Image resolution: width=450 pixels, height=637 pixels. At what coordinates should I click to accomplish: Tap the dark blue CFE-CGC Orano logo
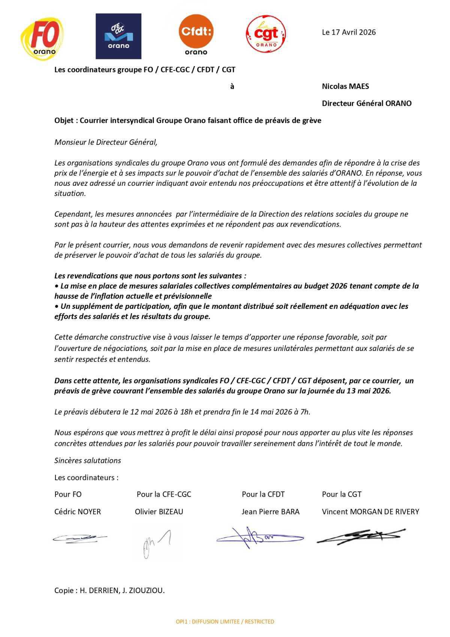tap(118, 36)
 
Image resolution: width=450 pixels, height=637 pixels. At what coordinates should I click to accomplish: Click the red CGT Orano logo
tap(266, 35)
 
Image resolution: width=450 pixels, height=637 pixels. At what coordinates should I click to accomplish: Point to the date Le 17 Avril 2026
tap(349, 32)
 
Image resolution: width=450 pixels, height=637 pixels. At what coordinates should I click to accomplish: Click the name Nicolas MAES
tap(345, 86)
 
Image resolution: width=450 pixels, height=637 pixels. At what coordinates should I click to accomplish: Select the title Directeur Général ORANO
tap(366, 103)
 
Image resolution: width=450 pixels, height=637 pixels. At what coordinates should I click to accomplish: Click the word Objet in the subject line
tap(64, 121)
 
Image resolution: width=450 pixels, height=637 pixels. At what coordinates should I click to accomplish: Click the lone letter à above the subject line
tap(232, 87)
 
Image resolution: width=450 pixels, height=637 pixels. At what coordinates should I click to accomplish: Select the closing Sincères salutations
tap(88, 461)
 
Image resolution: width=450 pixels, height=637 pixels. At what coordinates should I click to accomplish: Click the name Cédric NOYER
tap(78, 512)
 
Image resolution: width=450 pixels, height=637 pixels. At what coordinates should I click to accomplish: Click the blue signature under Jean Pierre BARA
tap(259, 538)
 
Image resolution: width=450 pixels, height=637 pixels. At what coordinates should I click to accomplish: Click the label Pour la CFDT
tap(263, 494)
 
